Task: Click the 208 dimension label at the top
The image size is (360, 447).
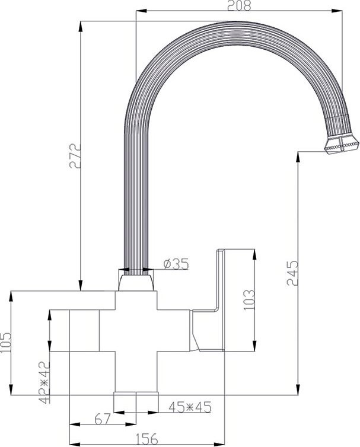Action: pos(240,5)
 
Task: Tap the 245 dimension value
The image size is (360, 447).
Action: pos(290,273)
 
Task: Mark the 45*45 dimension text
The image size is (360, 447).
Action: pos(190,407)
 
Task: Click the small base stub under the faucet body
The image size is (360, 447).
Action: pos(136,400)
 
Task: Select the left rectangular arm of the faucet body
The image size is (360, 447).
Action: pos(83,330)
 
